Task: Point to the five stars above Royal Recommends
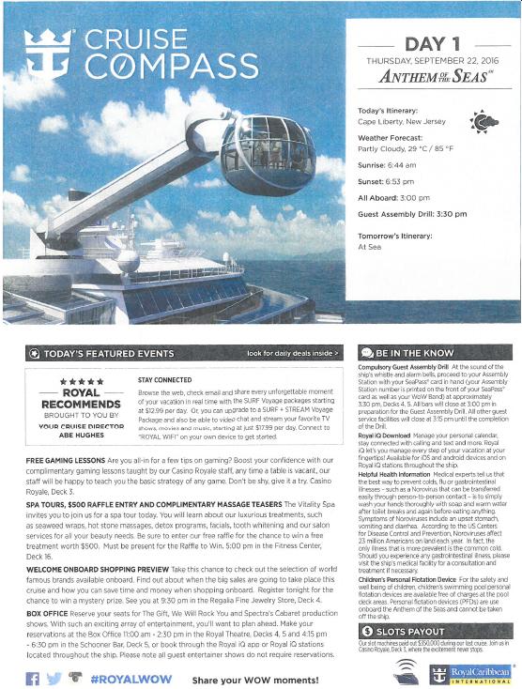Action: click(x=81, y=382)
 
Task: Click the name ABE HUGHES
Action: click(x=81, y=435)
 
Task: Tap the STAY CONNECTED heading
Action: click(x=152, y=380)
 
